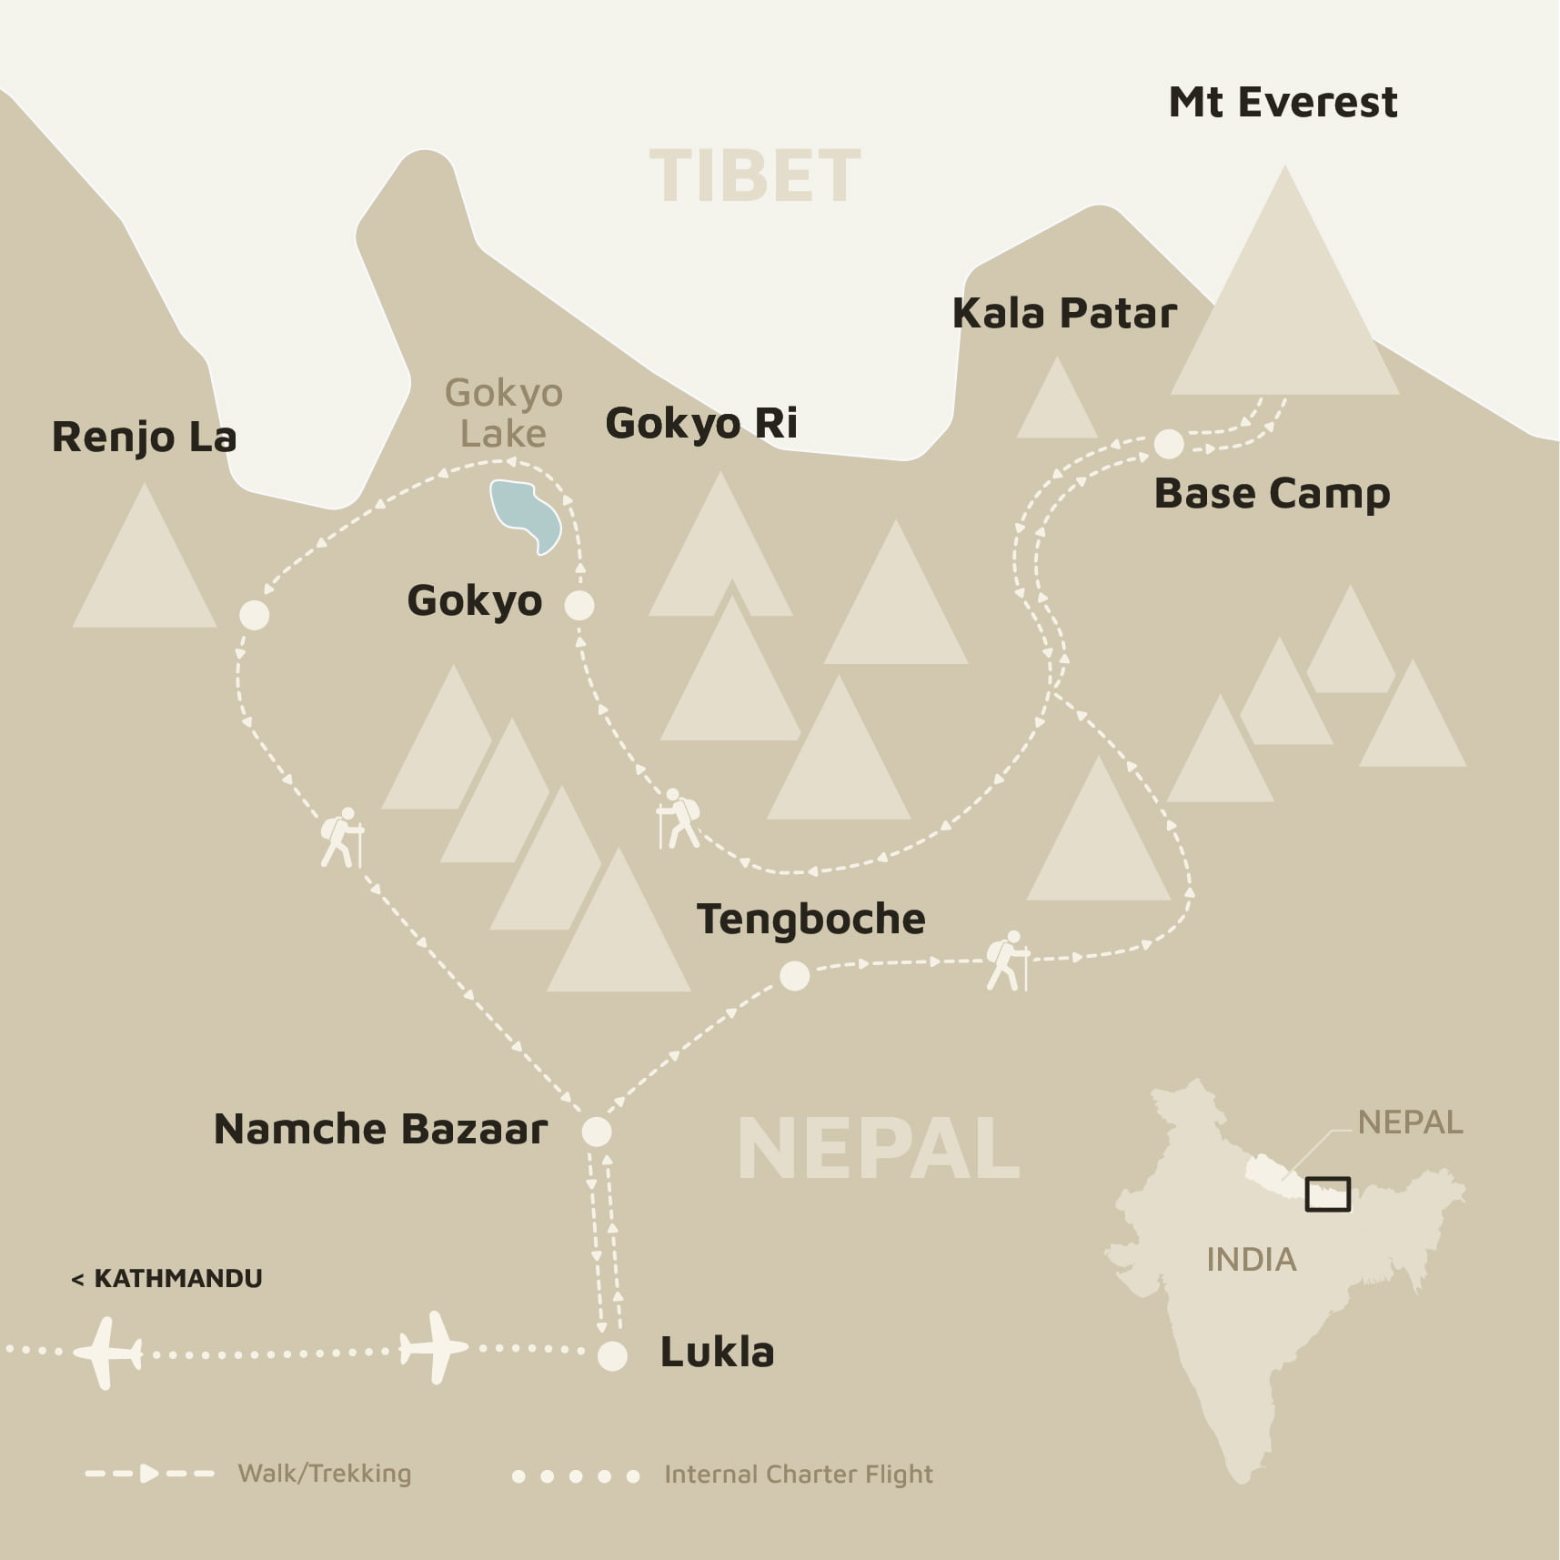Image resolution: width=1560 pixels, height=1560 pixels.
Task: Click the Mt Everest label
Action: pos(1283,102)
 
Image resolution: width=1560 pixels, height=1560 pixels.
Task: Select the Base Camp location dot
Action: pos(1169,444)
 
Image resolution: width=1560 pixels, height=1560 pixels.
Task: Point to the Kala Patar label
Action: pos(1064,314)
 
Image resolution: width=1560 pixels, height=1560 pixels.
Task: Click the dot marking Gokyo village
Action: pos(579,605)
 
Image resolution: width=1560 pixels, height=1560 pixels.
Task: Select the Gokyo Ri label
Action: pos(701,423)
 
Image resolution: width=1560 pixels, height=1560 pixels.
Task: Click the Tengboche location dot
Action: pos(794,976)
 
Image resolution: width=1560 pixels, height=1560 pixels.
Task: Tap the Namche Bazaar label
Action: pos(380,1129)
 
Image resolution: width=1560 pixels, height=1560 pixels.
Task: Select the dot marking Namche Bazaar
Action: pos(597,1132)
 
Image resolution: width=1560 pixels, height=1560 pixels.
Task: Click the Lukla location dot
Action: pos(612,1356)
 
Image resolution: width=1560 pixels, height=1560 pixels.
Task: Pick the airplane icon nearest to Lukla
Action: pos(434,1348)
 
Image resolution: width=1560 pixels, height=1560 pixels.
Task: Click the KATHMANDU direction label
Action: pos(167,1278)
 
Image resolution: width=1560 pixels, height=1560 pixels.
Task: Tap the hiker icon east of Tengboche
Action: pos(1007,961)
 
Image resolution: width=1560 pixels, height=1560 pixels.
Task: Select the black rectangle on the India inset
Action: pos(1327,1194)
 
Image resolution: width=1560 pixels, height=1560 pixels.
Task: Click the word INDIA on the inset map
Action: pos(1251,1260)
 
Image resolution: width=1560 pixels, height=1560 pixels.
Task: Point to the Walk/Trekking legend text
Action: pos(325,1474)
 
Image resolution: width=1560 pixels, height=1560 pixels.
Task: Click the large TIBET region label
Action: pos(754,176)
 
